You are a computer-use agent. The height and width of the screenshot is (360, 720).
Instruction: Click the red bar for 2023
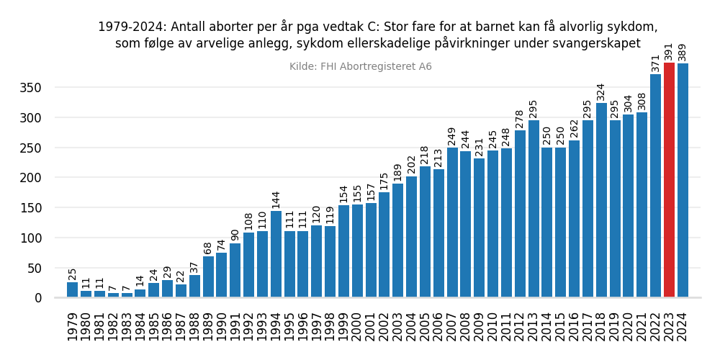pos(669,180)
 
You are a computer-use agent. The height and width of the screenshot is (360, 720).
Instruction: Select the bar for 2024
pos(683,181)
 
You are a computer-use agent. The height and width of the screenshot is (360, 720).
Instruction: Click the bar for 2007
pos(452,222)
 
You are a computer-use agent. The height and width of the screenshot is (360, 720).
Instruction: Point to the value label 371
pos(655,63)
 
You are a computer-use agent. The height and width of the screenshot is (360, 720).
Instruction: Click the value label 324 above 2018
pos(601,91)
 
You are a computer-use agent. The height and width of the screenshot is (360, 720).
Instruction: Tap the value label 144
pos(276,199)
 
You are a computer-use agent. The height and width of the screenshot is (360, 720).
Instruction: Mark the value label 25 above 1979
pos(72,274)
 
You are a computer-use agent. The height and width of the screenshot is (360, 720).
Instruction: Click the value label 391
pos(669,51)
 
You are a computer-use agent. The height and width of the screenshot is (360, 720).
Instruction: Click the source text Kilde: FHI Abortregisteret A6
pos(360,67)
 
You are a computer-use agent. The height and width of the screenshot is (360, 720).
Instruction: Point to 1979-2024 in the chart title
pos(129,27)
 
